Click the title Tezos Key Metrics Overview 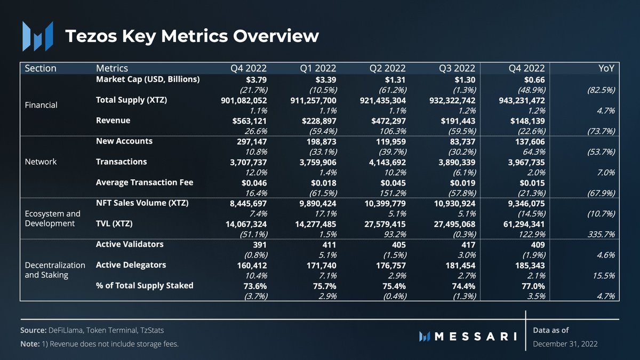191,36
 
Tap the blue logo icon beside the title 37,36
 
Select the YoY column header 607,68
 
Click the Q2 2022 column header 387,68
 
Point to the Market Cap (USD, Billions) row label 148,79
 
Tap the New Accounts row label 124,141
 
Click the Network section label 41,162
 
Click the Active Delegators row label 131,265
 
